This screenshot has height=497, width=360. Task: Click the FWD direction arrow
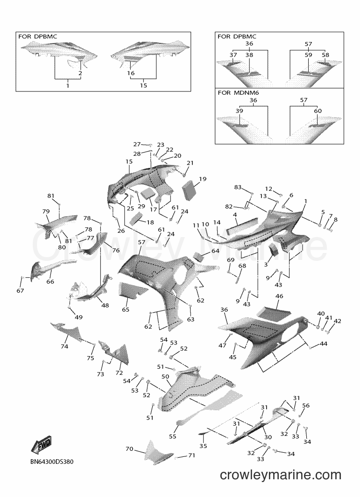click(41, 445)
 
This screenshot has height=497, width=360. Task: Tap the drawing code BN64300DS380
click(52, 462)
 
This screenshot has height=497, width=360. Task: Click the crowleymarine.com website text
click(280, 475)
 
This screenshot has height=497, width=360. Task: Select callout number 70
click(129, 449)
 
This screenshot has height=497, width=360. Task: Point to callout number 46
click(279, 296)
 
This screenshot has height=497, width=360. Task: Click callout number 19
click(203, 179)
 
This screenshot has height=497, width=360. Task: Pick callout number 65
click(126, 309)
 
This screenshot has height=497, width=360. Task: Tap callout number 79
click(46, 211)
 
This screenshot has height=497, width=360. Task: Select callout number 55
click(173, 436)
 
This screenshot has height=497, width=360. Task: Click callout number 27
click(137, 144)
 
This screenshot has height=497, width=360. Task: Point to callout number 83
click(238, 187)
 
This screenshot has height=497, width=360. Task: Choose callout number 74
click(64, 346)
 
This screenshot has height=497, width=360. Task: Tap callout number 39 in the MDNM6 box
click(239, 111)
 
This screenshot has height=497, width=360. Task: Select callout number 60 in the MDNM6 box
click(318, 111)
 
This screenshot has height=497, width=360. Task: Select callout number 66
click(50, 281)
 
